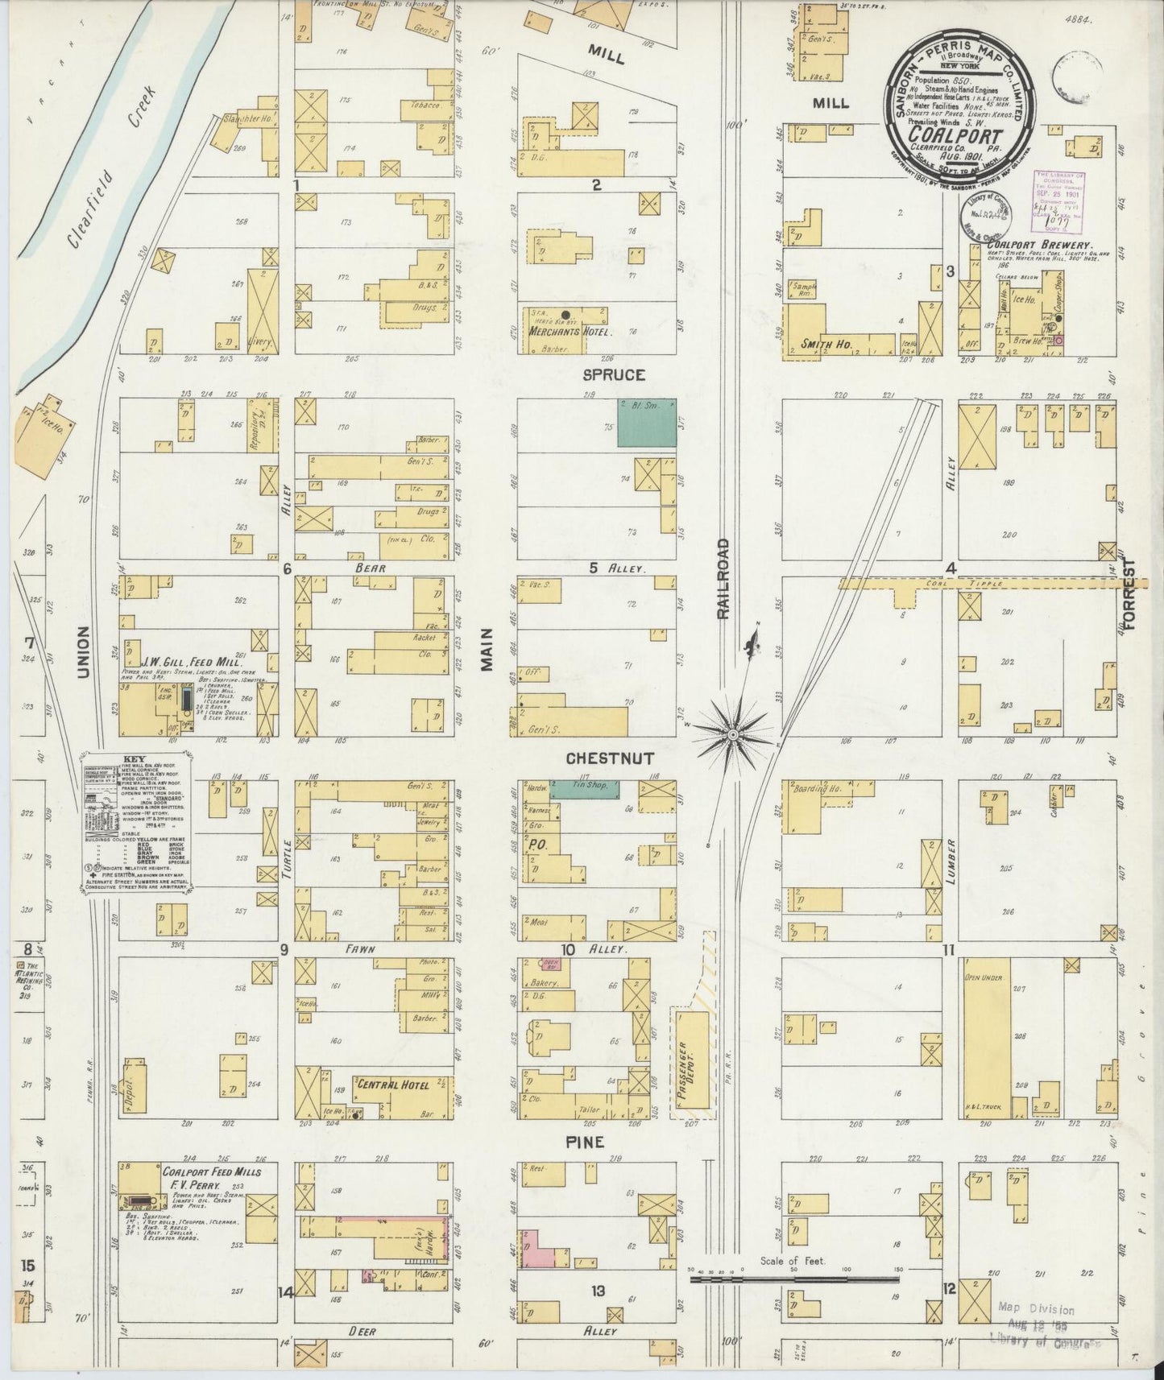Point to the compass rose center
pyautogui.click(x=733, y=734)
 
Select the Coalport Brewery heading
pyautogui.click(x=1041, y=246)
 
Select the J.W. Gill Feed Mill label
pyautogui.click(x=180, y=663)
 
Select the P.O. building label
pyautogui.click(x=536, y=845)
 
